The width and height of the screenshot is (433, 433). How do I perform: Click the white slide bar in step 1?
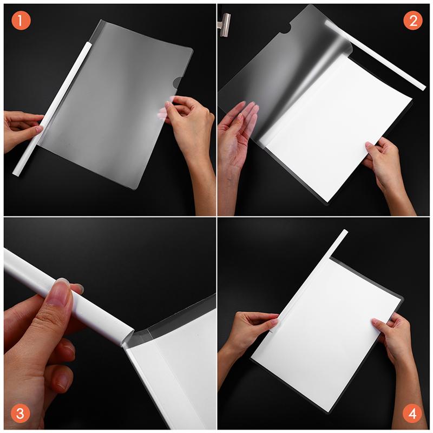coord(54,108)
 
